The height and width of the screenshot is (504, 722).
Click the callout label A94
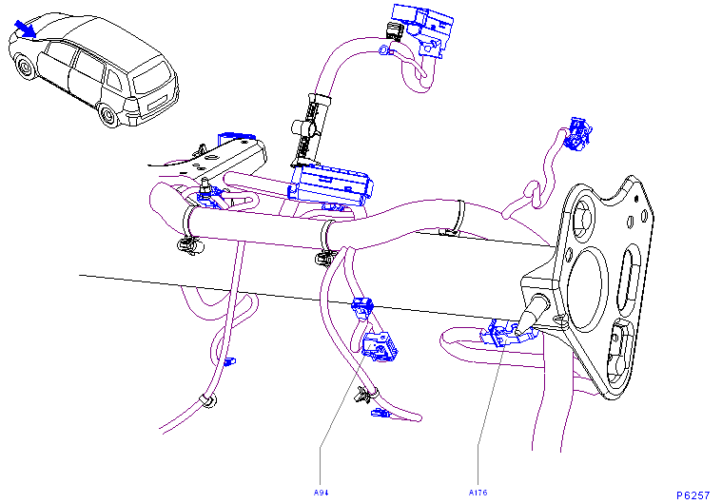321,493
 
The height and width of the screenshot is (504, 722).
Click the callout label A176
478,493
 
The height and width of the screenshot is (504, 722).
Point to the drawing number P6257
693,495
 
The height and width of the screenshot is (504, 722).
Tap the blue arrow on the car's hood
25,29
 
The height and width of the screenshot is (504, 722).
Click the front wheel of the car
24,68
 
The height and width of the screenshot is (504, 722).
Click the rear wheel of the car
109,115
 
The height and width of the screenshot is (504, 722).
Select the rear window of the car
152,77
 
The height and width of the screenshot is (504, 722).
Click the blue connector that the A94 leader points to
379,346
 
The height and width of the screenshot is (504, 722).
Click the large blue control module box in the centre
331,184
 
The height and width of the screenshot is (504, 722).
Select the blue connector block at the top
422,29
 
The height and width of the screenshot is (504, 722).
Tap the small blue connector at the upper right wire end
577,133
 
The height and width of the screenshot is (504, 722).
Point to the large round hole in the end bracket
585,289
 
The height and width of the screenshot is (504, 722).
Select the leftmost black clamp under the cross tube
189,244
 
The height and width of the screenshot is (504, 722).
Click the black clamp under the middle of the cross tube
325,259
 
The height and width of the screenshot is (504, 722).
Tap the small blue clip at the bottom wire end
381,414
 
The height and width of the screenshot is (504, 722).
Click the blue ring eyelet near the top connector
384,49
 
